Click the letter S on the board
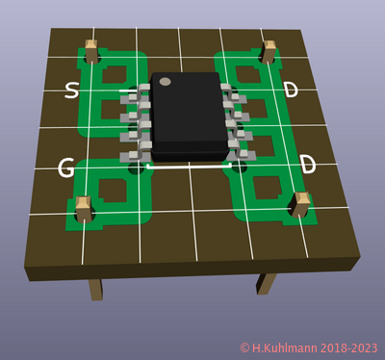click(x=71, y=91)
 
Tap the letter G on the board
click(x=65, y=168)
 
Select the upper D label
click(x=291, y=90)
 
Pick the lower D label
click(x=308, y=166)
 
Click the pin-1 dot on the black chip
click(x=166, y=82)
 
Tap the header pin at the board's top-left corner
click(x=92, y=50)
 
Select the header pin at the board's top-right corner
click(x=270, y=51)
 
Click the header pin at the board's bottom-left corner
click(x=84, y=208)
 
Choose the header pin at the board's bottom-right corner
click(x=301, y=205)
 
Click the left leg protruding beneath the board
click(x=95, y=289)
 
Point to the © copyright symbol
click(x=245, y=347)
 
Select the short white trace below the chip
click(x=190, y=166)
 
